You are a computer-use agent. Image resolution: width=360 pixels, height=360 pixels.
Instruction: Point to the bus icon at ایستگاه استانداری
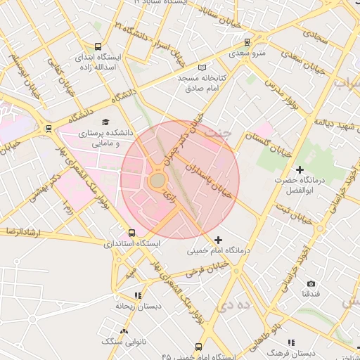[x=131, y=233]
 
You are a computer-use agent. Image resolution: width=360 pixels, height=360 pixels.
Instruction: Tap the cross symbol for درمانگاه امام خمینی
[x=218, y=240]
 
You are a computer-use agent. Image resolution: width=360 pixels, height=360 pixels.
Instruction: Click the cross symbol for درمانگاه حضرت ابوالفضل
[x=300, y=169]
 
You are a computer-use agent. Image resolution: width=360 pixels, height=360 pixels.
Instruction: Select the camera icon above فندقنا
[x=311, y=283]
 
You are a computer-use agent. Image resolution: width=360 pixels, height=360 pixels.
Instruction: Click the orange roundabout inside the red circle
[x=157, y=181]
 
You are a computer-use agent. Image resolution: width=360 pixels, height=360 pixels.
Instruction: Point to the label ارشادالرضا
[x=22, y=231]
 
